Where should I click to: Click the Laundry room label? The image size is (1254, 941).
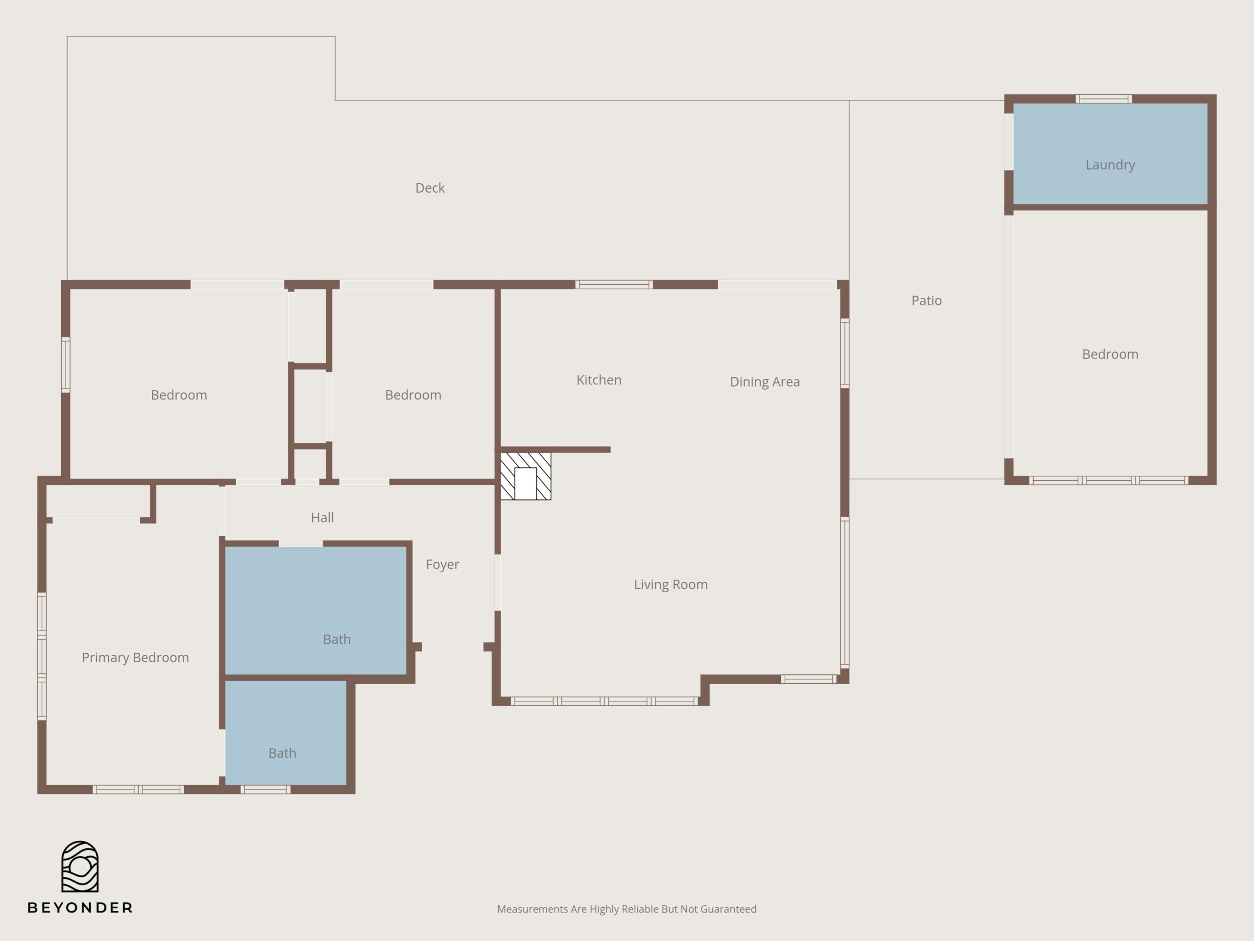pyautogui.click(x=1110, y=165)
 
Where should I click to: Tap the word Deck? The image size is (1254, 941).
pyautogui.click(x=430, y=188)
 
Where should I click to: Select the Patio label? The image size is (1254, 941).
pyautogui.click(x=926, y=300)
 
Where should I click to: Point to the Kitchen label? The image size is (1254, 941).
pyautogui.click(x=599, y=380)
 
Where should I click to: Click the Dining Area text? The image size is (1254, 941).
pyautogui.click(x=765, y=382)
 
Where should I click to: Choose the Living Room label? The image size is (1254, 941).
pyautogui.click(x=671, y=585)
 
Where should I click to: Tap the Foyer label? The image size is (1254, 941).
pyautogui.click(x=442, y=565)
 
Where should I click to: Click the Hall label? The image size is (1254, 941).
pyautogui.click(x=322, y=517)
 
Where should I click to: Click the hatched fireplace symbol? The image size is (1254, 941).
pyautogui.click(x=526, y=476)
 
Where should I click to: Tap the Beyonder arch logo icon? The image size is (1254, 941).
pyautogui.click(x=80, y=866)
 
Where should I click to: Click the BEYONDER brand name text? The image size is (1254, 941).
pyautogui.click(x=80, y=908)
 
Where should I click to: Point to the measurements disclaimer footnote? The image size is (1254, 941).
pyautogui.click(x=627, y=909)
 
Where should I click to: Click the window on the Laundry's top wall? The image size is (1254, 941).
pyautogui.click(x=1103, y=99)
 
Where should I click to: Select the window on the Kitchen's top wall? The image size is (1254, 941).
pyautogui.click(x=614, y=285)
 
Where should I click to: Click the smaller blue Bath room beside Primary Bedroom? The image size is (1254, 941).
pyautogui.click(x=286, y=733)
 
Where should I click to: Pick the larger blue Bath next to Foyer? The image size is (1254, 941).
pyautogui.click(x=316, y=611)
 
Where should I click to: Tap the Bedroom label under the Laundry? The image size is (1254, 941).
pyautogui.click(x=1110, y=354)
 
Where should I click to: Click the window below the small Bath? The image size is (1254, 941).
pyautogui.click(x=265, y=790)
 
